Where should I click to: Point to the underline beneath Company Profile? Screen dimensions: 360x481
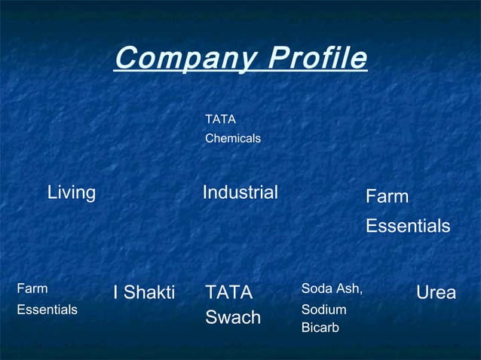[240, 72]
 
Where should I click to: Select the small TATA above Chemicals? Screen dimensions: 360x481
[220, 119]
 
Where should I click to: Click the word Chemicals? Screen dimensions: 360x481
[233, 139]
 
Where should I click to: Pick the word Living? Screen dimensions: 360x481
[72, 193]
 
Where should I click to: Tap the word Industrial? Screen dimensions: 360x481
[240, 193]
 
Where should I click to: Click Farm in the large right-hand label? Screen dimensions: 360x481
[387, 197]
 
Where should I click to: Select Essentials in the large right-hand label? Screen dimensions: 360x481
[408, 226]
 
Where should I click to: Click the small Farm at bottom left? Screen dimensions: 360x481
[32, 288]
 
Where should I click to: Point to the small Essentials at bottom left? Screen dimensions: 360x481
[47, 310]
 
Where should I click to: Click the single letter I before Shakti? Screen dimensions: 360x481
[115, 292]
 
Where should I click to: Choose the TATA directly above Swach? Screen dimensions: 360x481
[229, 292]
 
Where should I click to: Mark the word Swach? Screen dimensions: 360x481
[233, 318]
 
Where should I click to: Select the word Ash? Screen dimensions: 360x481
[350, 288]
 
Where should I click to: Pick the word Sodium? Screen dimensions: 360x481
[323, 310]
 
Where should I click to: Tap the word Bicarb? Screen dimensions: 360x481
[320, 328]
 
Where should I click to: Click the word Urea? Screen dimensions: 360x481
[436, 292]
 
